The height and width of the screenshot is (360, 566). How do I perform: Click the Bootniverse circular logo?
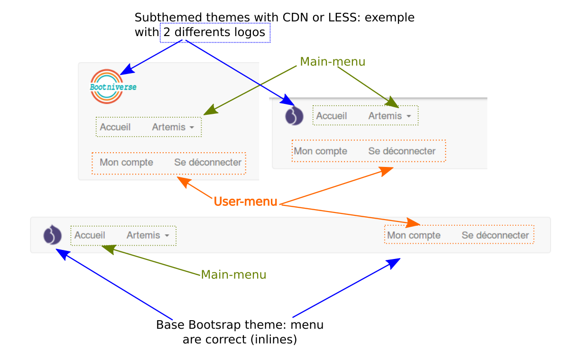[107, 86]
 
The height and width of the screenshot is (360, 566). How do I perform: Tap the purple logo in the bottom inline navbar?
[52, 235]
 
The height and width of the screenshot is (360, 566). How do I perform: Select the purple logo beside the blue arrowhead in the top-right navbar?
[294, 116]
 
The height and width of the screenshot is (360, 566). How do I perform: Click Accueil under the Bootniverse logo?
[115, 127]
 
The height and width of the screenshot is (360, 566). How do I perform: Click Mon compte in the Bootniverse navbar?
[126, 163]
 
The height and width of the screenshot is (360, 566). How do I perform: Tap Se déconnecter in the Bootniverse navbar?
[208, 163]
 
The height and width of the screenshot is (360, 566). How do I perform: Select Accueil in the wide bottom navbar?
[90, 235]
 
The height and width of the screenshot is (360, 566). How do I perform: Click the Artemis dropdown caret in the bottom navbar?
[167, 236]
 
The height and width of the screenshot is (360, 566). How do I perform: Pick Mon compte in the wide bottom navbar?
[414, 235]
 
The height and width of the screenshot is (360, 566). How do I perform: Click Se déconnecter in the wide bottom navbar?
[495, 235]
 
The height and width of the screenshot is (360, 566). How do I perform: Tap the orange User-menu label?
[245, 202]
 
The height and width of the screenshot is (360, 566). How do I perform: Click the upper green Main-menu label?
[333, 62]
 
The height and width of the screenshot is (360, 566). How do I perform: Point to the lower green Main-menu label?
[233, 275]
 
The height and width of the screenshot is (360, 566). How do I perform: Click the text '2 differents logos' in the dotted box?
[215, 33]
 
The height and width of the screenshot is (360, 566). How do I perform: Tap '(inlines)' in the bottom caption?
[274, 340]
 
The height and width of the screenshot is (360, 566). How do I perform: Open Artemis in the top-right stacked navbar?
[385, 116]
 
